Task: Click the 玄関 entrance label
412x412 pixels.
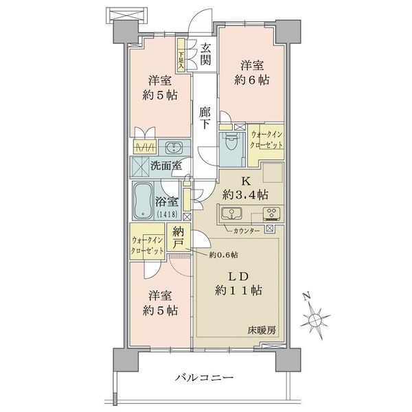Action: pos(205,54)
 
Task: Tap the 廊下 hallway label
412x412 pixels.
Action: pos(205,119)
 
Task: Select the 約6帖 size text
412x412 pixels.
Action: pos(252,80)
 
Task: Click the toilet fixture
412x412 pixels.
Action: pos(231,141)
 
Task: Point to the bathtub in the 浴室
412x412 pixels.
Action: pos(144,201)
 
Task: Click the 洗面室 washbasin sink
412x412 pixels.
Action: pos(174,148)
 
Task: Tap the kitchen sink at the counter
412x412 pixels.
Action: pos(232,213)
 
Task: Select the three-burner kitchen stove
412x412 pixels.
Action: pos(271,213)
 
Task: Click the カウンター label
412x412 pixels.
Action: pos(247,231)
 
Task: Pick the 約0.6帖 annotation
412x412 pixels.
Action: pos(224,255)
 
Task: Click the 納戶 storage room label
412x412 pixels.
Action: pos(179,238)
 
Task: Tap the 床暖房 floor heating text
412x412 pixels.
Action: pos(262,330)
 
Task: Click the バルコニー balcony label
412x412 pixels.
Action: pos(205,378)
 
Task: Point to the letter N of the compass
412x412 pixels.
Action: pos(306,297)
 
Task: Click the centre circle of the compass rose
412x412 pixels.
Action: pos(314,320)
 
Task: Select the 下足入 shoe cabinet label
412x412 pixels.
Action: pos(181,61)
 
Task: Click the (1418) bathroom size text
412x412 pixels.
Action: pos(168,214)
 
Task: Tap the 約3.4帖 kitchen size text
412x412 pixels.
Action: pos(245,195)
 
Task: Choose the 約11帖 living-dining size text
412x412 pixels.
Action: pos(238,290)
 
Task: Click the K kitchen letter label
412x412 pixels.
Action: pos(246,181)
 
